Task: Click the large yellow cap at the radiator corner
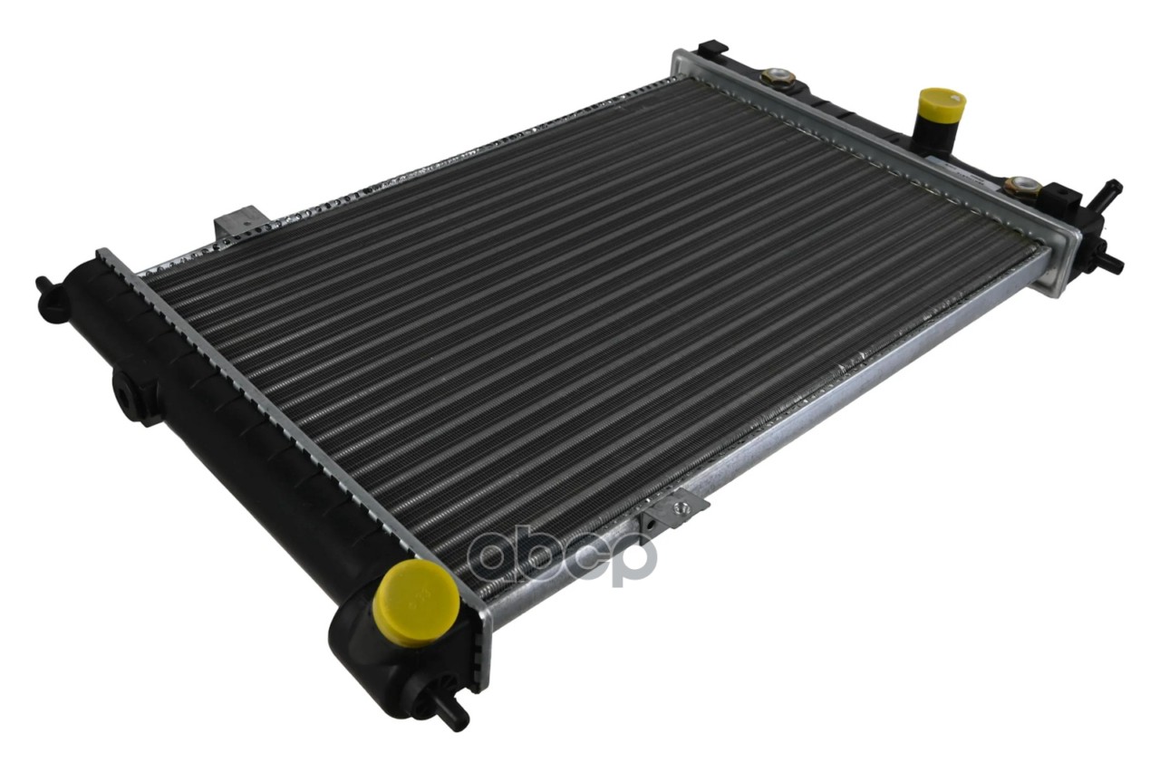point(416,599)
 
